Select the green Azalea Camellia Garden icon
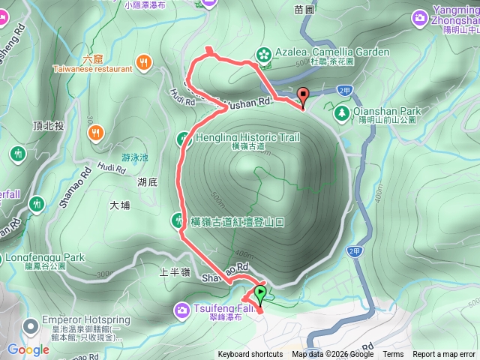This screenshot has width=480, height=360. pyautogui.click(x=263, y=52)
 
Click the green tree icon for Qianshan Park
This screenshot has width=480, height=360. pyautogui.click(x=342, y=112)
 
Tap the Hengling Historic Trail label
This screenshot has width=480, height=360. pyautogui.click(x=247, y=137)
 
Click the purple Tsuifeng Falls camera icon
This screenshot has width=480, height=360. pyautogui.click(x=181, y=309)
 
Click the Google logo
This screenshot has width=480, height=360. pyautogui.click(x=28, y=349)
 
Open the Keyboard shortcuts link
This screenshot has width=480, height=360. pyautogui.click(x=250, y=355)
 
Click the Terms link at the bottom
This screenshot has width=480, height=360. pyautogui.click(x=393, y=355)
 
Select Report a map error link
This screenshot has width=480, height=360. pyautogui.click(x=444, y=355)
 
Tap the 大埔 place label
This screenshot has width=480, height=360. pyautogui.click(x=120, y=204)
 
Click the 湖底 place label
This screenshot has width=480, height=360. pyautogui.click(x=147, y=181)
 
